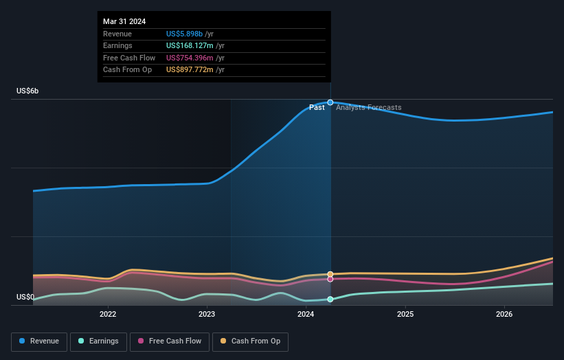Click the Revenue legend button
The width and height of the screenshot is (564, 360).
coord(39,341)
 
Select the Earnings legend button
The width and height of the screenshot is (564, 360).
coord(98,341)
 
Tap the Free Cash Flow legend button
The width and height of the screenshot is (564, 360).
coord(170,341)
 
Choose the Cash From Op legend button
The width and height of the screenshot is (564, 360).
coord(250,341)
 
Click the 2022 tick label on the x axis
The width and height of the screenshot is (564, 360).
coord(108,315)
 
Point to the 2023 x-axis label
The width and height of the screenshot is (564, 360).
coord(207,315)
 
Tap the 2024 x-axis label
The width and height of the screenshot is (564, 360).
coord(306,315)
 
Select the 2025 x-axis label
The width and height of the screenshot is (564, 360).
coord(405,315)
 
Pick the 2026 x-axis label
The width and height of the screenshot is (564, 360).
coord(504,315)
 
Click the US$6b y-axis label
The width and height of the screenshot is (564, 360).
coord(27,91)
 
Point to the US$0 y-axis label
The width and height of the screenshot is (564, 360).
coord(25,297)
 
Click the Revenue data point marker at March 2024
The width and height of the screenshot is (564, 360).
coord(330,102)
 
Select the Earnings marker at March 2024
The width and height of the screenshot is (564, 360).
coord(330,300)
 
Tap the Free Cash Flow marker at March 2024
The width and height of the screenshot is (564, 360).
coord(330,279)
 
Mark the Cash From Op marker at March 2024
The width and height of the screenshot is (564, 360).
coord(330,274)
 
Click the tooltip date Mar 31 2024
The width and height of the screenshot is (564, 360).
coord(124,22)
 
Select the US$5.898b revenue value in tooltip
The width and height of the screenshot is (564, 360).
coord(185,34)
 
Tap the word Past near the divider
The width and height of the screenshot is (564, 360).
coord(317,107)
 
